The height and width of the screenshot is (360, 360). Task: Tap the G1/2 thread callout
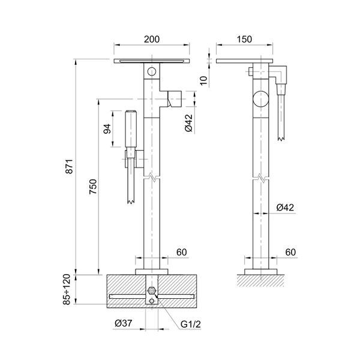[191, 325]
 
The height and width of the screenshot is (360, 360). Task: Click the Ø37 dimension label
[124, 325]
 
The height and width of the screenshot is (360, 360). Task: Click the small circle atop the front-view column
[152, 72]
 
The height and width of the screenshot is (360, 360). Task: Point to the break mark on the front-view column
[152, 178]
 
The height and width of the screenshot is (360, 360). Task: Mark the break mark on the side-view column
[261, 178]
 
